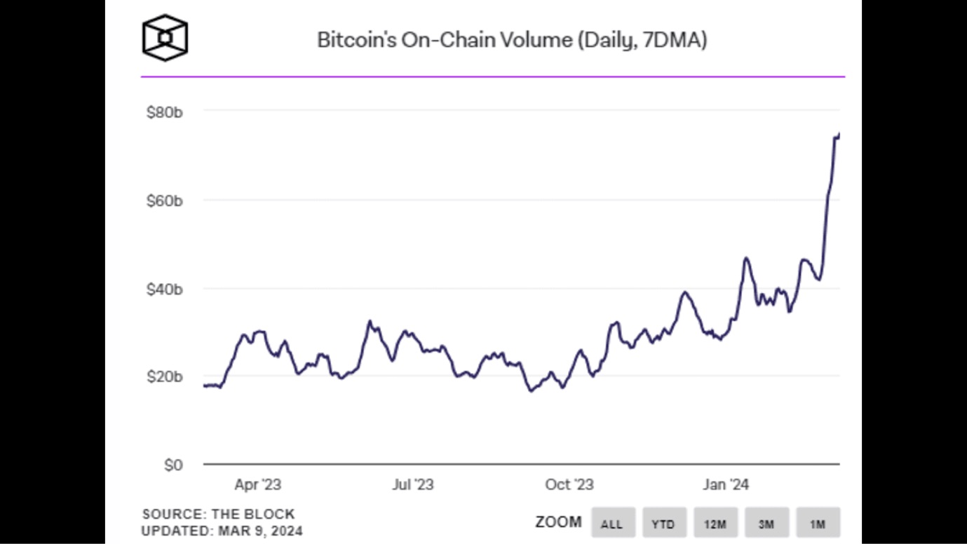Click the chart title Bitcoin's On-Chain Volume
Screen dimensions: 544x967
click(511, 40)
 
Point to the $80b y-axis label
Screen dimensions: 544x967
click(164, 111)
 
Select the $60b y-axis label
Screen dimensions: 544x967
click(164, 200)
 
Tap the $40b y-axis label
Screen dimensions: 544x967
click(164, 289)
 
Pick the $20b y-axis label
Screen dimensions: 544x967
click(164, 377)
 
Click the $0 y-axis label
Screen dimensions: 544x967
click(173, 465)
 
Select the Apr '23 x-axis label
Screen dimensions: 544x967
click(258, 484)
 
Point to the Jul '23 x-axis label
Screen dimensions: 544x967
click(413, 484)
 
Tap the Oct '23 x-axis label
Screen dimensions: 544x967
click(569, 484)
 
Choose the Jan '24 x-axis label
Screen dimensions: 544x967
click(726, 484)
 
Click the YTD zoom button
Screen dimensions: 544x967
click(663, 523)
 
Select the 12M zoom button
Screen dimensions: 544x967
click(715, 523)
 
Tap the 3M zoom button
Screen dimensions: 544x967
click(766, 523)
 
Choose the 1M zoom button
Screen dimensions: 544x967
click(818, 523)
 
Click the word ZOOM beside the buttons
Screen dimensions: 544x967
click(558, 522)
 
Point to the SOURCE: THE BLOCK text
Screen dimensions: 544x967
click(218, 515)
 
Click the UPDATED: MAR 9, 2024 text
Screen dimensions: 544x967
click(222, 531)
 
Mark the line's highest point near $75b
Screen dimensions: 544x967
click(839, 134)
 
